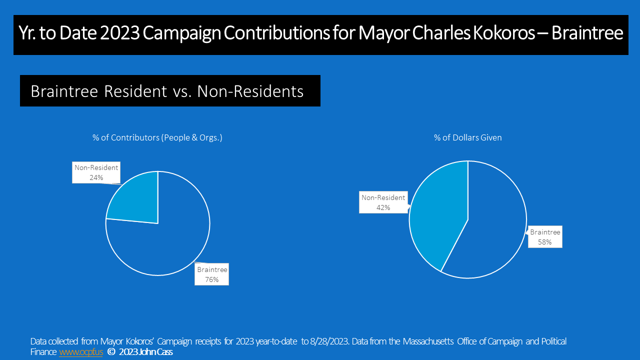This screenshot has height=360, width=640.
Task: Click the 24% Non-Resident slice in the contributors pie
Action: pyautogui.click(x=137, y=200)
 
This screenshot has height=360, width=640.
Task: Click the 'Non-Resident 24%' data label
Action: pyautogui.click(x=96, y=172)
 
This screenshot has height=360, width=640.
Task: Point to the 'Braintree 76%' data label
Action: pyautogui.click(x=211, y=274)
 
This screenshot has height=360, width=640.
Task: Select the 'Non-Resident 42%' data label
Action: pyautogui.click(x=383, y=202)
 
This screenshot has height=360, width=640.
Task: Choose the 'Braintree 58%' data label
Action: pyautogui.click(x=545, y=237)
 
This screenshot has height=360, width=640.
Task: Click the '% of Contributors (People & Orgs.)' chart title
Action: pyautogui.click(x=157, y=137)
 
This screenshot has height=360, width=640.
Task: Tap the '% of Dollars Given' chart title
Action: pyautogui.click(x=467, y=137)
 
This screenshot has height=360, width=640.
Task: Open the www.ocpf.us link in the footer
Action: pyautogui.click(x=81, y=352)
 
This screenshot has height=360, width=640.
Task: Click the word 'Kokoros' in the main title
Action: pyautogui.click(x=503, y=33)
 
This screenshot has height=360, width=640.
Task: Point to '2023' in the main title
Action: pyautogui.click(x=119, y=33)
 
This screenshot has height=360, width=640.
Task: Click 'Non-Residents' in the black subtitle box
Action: pyautogui.click(x=250, y=91)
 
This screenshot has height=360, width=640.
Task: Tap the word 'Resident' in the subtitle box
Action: pyautogui.click(x=135, y=91)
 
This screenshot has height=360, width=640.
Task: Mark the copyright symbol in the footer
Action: pyautogui.click(x=111, y=352)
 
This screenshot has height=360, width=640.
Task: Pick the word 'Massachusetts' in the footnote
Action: pyautogui.click(x=428, y=341)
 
